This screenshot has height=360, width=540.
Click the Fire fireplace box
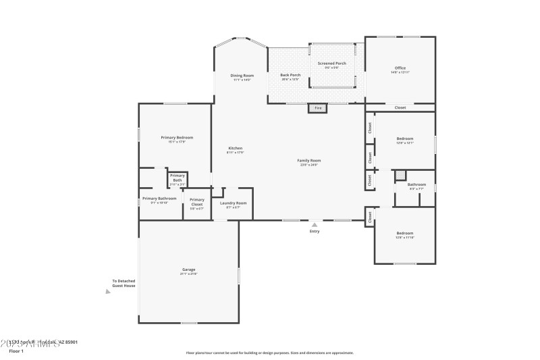tap(318, 108)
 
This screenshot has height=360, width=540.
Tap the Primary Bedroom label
tap(177, 139)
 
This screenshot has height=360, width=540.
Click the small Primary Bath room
tap(178, 180)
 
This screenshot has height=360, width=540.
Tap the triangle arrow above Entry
tap(314, 224)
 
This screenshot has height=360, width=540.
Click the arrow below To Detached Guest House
tap(108, 292)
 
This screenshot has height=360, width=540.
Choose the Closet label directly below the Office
tap(400, 107)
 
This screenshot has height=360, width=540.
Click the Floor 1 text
tap(16, 351)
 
